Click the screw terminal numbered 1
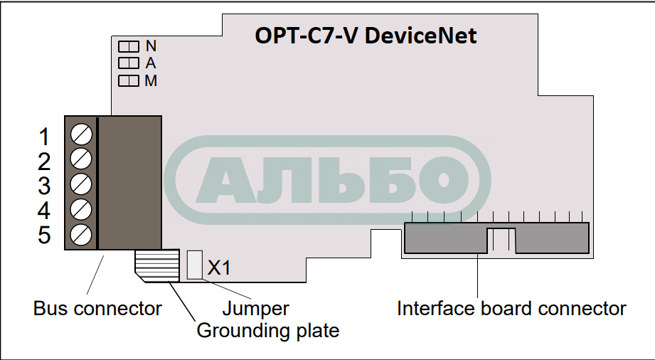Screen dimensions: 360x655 [x=82, y=133]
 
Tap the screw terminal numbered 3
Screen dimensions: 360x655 [x=82, y=183]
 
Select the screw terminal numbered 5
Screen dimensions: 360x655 [x=82, y=233]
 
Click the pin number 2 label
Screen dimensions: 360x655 [x=44, y=161]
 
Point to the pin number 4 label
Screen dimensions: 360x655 [x=44, y=211]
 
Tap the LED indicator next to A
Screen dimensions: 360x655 [x=128, y=63]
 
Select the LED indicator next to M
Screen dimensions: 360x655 [x=128, y=81]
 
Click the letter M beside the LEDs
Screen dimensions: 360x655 [x=151, y=81]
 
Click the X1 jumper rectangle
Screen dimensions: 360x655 [x=193, y=264]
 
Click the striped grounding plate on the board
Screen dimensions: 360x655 [x=156, y=265]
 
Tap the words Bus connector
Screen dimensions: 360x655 [x=97, y=309]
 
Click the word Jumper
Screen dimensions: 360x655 [x=255, y=309]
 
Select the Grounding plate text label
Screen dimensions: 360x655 [x=267, y=331]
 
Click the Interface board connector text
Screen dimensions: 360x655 [x=511, y=309]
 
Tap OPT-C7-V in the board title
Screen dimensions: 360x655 [x=307, y=36]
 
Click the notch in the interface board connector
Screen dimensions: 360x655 [x=501, y=240]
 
